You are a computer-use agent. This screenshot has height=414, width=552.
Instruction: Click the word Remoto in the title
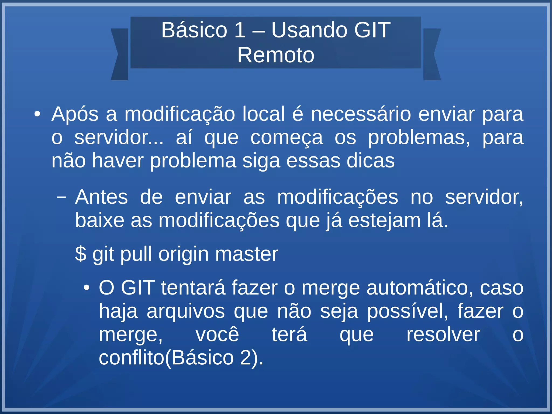(276, 55)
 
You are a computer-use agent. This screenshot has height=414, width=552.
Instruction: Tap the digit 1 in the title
(240, 30)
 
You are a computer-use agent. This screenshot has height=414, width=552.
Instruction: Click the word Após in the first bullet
(75, 114)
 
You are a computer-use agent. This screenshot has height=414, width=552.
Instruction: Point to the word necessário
(361, 114)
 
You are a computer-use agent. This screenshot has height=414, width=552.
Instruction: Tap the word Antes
(101, 197)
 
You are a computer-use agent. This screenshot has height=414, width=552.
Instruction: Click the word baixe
(99, 220)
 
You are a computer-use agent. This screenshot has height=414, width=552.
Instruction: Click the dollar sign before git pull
(81, 254)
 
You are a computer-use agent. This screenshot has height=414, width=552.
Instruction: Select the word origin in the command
(184, 255)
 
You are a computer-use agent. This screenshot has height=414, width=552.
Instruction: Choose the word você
(217, 335)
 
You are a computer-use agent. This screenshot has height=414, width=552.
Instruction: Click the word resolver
(443, 335)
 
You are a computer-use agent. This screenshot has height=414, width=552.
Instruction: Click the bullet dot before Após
(37, 114)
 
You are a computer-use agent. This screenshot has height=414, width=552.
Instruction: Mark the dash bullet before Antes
(61, 197)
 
